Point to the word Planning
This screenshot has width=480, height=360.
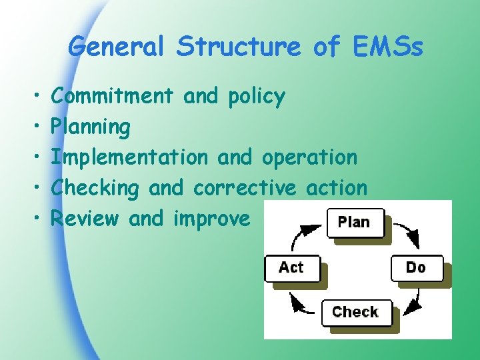pos(91,127)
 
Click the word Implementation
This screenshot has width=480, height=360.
pos(129,158)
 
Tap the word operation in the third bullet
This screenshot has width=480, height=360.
pos(309,159)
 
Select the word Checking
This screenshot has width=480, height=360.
pos(95,189)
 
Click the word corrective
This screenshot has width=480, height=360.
pos(244,189)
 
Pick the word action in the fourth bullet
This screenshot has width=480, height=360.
pos(337,189)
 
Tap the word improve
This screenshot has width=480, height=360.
pos(211,219)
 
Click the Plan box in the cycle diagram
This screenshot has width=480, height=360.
pos(355,223)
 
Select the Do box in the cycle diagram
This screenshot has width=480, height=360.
pos(417,267)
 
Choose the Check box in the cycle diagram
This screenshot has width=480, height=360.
pos(355,312)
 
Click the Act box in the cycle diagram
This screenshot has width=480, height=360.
pos(291,267)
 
